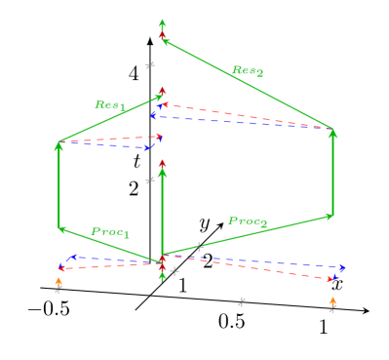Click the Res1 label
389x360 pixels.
coord(109,104)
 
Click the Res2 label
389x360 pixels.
coord(247,70)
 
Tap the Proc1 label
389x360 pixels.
coord(110,232)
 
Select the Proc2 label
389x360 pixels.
coord(248,221)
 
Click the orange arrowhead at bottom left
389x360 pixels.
coord(58,282)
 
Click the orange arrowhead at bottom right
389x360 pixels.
coord(332,301)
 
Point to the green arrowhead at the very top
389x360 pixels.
coord(163,23)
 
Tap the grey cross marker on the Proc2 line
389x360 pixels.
coord(199,247)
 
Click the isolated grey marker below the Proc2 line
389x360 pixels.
coord(241,301)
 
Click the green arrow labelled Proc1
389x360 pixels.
coord(107,244)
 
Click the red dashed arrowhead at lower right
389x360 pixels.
coord(332,279)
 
